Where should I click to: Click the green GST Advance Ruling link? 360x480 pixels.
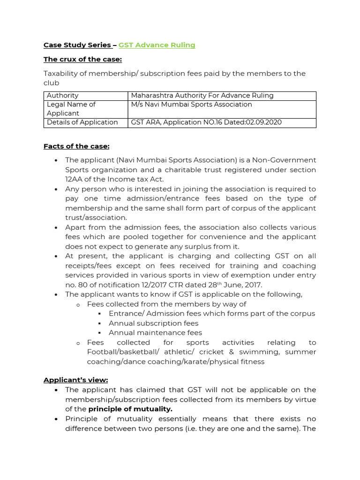click(x=157, y=45)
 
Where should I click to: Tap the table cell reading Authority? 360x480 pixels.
click(x=63, y=96)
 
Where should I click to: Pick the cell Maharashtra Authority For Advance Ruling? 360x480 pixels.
click(x=202, y=96)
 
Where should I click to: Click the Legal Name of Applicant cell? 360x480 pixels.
click(x=71, y=109)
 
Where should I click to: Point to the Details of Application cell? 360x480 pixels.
click(x=82, y=122)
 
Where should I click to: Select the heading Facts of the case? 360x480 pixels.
click(x=76, y=146)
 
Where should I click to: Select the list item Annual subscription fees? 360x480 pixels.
click(x=153, y=323)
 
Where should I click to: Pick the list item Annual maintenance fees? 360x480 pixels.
click(x=155, y=333)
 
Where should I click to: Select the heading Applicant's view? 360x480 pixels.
click(x=75, y=380)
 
